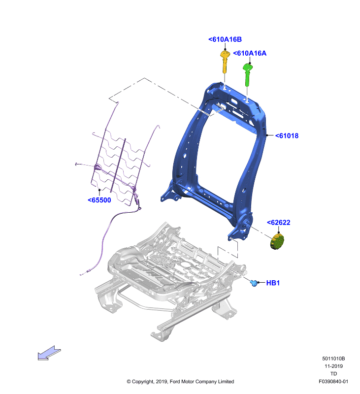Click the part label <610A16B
(x=225, y=39)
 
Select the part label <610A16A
(x=250, y=53)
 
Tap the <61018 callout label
(x=287, y=136)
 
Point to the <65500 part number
(x=99, y=200)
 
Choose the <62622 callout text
(x=278, y=223)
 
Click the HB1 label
(x=273, y=283)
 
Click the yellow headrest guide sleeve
(x=225, y=61)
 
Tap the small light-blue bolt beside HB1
(x=254, y=283)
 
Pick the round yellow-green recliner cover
(x=277, y=241)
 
